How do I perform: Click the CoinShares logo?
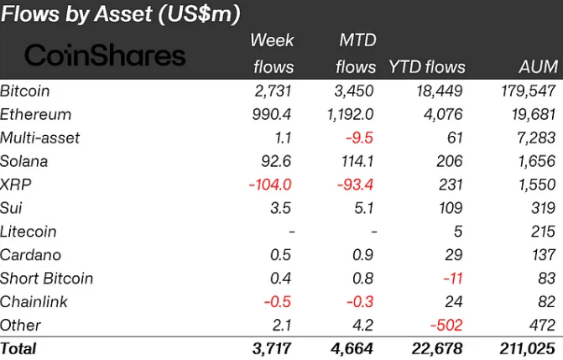point(105,55)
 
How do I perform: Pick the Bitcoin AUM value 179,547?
point(526,91)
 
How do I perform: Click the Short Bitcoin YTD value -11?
point(452,279)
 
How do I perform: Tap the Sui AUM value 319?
point(541,208)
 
